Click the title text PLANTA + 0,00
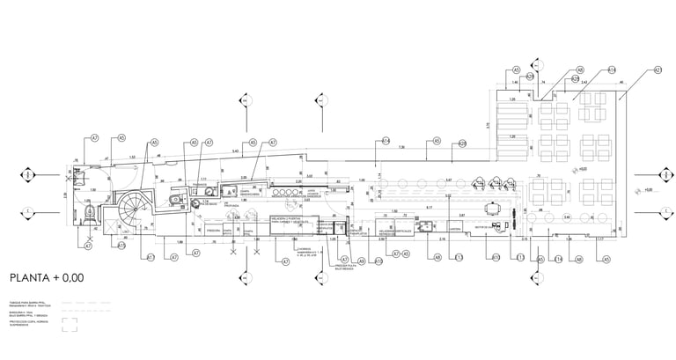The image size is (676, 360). tap(47, 278)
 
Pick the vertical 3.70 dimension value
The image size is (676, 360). tap(487, 126)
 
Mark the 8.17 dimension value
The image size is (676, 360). tap(428, 208)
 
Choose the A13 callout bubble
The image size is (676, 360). tap(459, 258)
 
